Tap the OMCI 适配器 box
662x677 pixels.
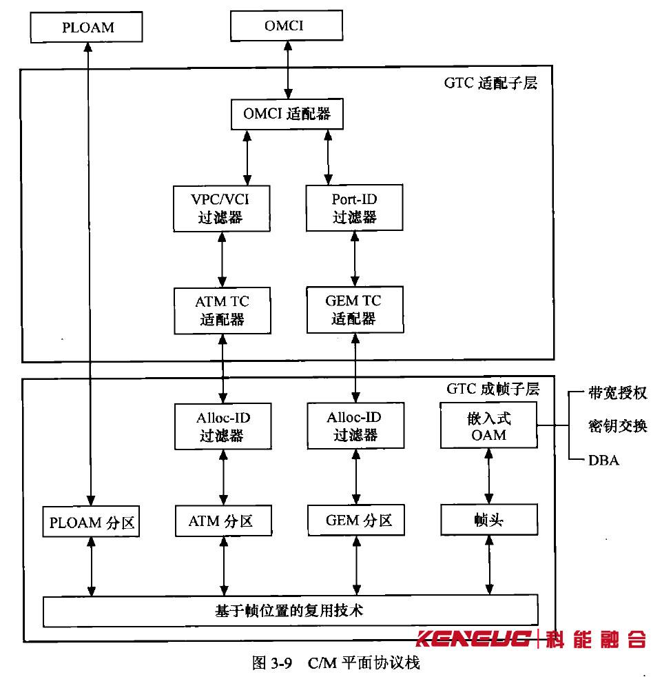point(287,114)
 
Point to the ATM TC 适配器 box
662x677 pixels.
point(220,310)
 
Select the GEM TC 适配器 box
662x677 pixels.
point(354,310)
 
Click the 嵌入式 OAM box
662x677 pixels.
point(489,425)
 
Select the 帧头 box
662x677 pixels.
point(489,521)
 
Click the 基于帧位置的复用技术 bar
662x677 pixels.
point(290,611)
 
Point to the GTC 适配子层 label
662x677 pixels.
point(490,85)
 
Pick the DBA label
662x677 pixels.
point(603,460)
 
